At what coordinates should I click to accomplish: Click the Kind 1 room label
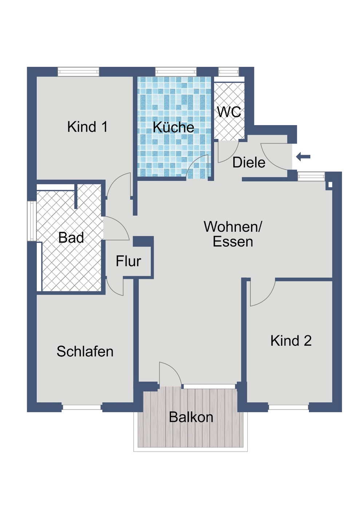87,127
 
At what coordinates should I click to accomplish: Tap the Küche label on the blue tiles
173,127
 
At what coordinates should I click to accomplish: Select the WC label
229,112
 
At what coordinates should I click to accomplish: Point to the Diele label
249,162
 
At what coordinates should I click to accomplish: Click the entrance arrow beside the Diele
303,157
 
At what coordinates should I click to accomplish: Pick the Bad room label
71,238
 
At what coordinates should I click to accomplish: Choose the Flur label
128,261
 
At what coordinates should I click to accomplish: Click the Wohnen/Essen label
233,234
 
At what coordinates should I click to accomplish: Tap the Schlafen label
85,351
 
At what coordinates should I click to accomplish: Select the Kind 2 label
291,341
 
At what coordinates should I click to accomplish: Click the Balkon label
191,417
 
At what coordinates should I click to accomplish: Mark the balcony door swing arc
170,373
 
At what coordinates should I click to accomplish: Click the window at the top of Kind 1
78,71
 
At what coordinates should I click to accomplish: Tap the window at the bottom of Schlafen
82,407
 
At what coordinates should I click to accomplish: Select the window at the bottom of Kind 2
288,407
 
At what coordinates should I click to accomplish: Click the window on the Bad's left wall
32,221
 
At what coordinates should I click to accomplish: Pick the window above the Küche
175,71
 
